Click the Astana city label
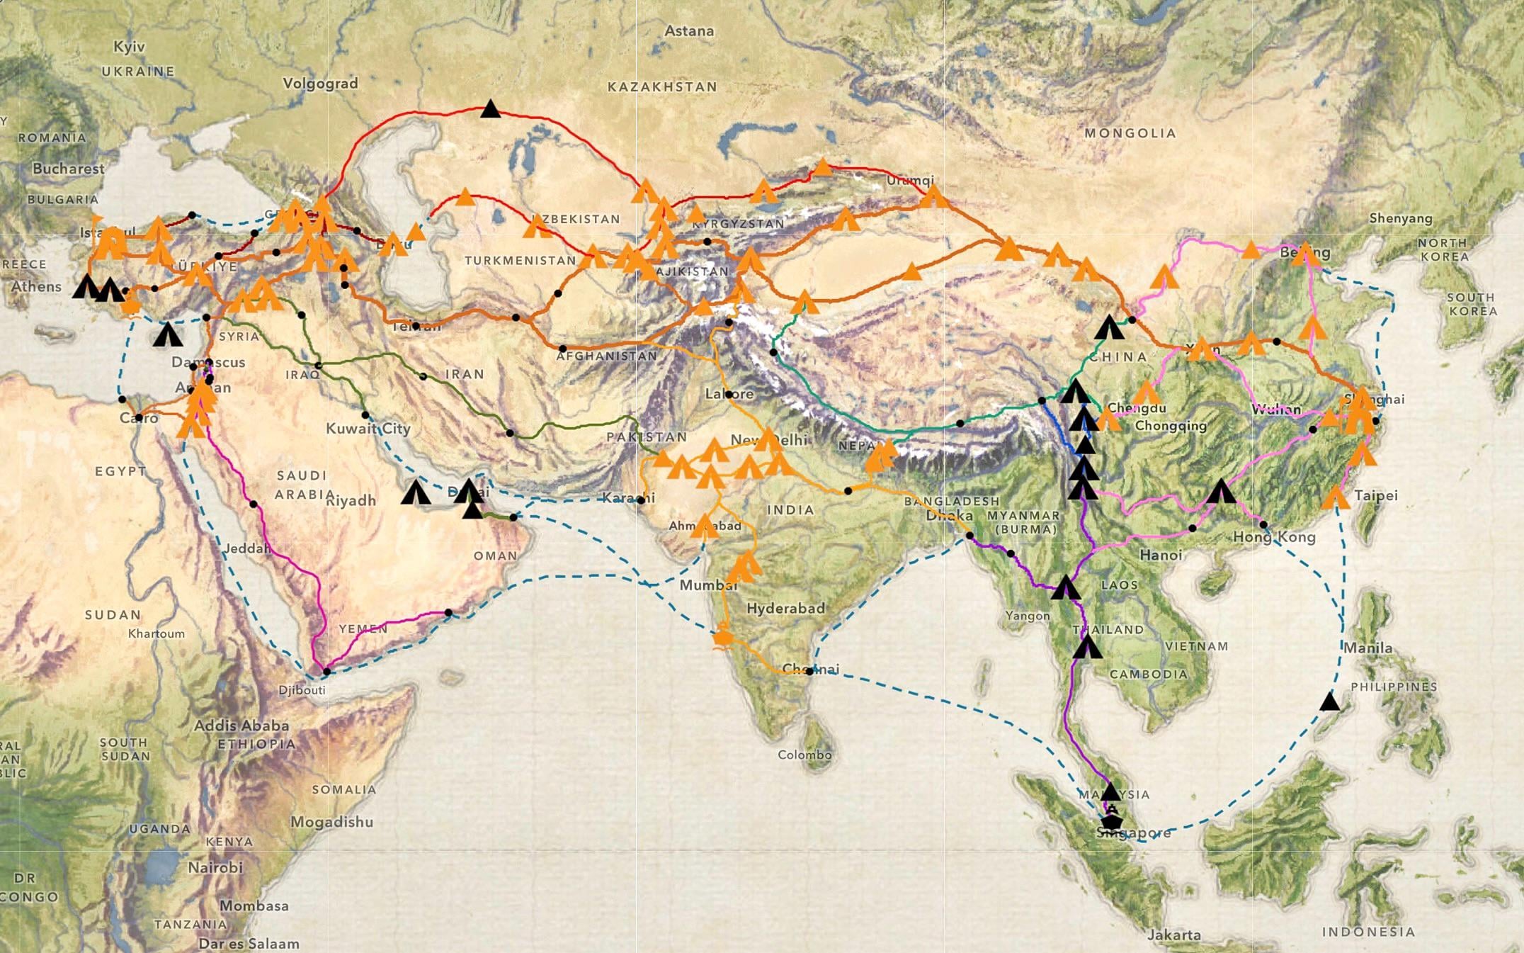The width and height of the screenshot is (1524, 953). click(689, 31)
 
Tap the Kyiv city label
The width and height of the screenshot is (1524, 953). click(129, 47)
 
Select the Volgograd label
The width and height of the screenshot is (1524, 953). click(320, 84)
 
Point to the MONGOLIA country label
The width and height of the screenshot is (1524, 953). click(1130, 133)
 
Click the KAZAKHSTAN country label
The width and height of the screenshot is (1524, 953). click(662, 87)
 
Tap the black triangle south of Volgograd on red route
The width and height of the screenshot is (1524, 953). click(490, 109)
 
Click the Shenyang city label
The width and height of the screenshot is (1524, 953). click(1400, 218)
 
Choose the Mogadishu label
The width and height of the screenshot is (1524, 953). click(331, 822)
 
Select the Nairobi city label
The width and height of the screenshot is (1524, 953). click(215, 867)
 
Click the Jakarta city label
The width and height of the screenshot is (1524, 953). click(1173, 935)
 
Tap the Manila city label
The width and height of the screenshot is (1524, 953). click(1367, 648)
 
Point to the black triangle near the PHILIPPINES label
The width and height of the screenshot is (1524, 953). click(1329, 702)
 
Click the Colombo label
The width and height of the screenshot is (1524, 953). click(804, 755)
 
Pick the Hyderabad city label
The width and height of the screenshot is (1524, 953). click(785, 608)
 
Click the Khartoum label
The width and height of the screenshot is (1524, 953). click(156, 633)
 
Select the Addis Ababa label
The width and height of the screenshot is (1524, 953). click(241, 726)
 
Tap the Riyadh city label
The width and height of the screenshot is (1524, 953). click(351, 501)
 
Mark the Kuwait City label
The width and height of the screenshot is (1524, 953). click(368, 429)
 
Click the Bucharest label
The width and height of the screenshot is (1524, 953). click(68, 169)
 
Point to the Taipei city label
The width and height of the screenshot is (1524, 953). click(1375, 495)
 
